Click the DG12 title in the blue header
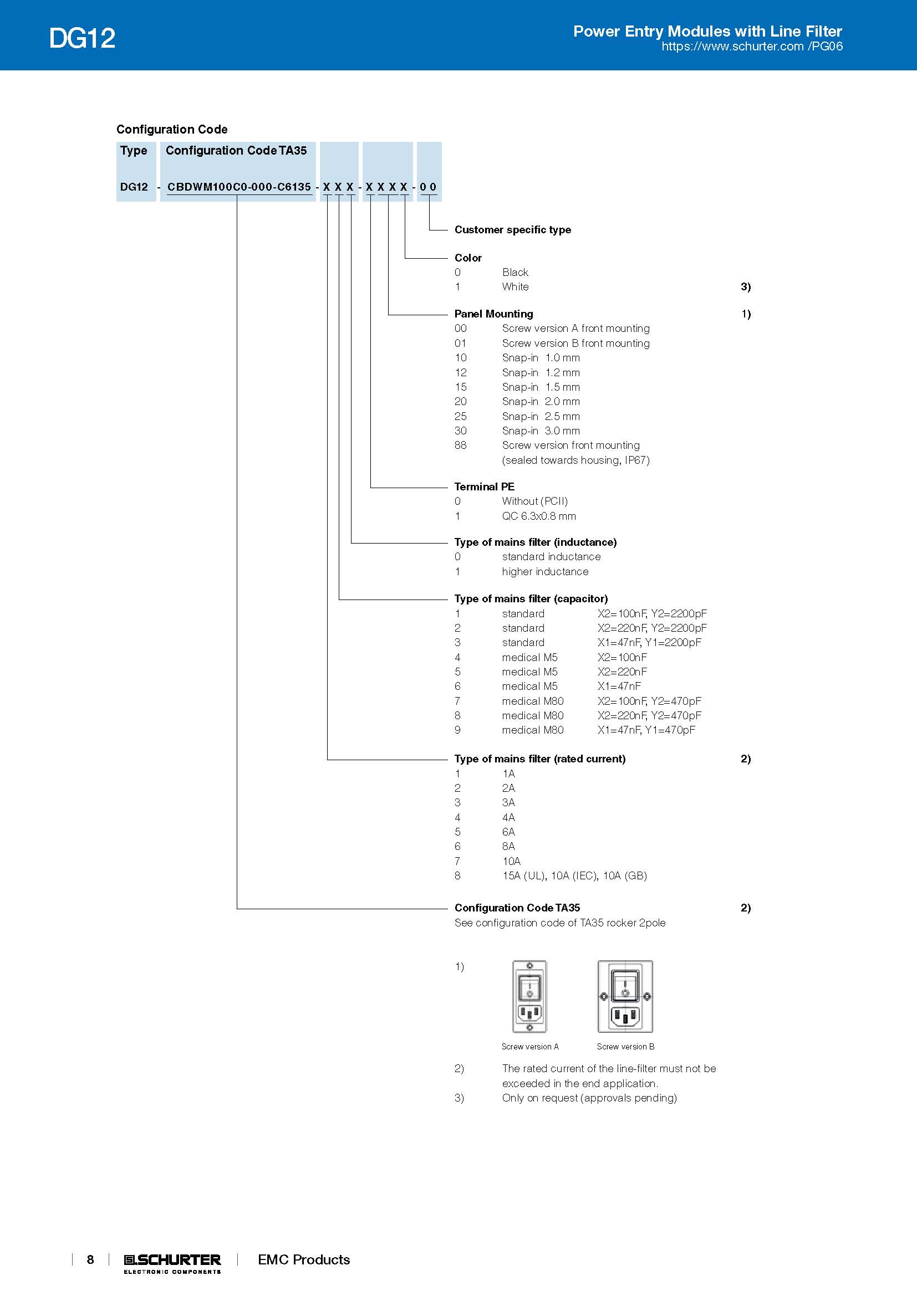83,38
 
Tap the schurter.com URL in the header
752,47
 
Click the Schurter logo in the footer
172,1263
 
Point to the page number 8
90,1259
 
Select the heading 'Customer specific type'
512,230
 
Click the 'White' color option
515,287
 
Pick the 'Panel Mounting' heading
493,314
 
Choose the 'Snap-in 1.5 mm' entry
541,387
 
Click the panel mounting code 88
461,445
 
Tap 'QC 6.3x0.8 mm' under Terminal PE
539,516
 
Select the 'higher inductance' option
545,571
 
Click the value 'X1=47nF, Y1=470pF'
646,730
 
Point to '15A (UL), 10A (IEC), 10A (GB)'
574,875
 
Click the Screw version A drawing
529,996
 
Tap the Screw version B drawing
625,996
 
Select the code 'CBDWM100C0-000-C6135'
239,187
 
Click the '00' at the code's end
428,187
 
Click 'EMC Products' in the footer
304,1259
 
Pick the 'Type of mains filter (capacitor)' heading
531,598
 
